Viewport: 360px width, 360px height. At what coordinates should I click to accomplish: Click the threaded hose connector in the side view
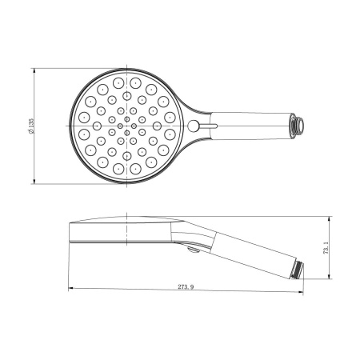(299, 270)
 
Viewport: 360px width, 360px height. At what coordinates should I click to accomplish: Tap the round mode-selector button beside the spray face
(194, 126)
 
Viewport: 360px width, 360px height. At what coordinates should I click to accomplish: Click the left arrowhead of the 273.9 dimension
(72, 288)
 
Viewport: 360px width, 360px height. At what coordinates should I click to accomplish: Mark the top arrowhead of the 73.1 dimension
(331, 218)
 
